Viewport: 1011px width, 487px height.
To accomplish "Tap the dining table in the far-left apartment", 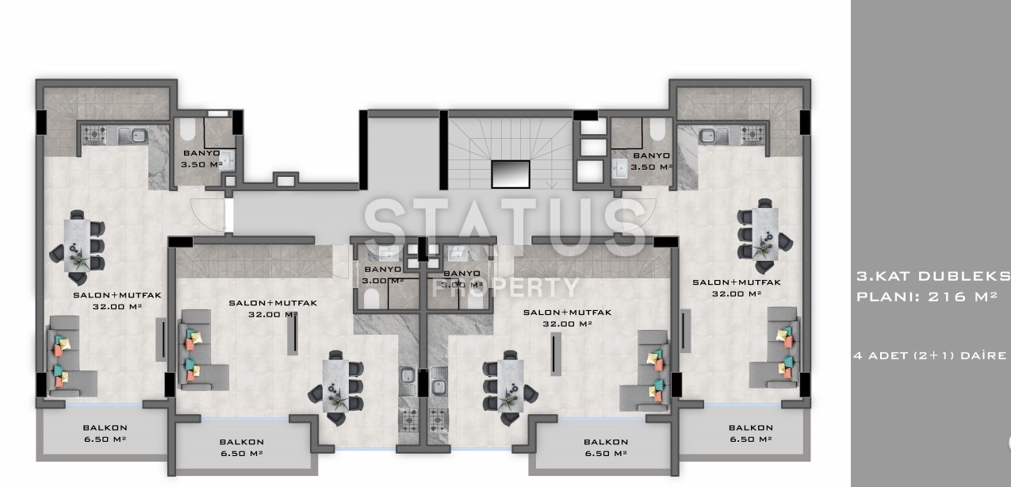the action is pyautogui.click(x=77, y=246).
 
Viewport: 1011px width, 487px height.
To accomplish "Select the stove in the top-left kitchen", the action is pyautogui.click(x=94, y=135).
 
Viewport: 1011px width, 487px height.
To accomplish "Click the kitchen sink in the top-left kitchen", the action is pyautogui.click(x=133, y=136).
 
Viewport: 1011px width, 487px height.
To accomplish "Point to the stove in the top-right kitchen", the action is pyautogui.click(x=753, y=134).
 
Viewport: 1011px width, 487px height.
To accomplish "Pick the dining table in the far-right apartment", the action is pyautogui.click(x=765, y=233).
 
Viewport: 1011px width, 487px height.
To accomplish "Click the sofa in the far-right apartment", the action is pyautogui.click(x=776, y=347).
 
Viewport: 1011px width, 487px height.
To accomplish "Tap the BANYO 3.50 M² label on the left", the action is pyautogui.click(x=201, y=159).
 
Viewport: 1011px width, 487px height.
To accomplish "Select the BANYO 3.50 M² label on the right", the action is pyautogui.click(x=651, y=161).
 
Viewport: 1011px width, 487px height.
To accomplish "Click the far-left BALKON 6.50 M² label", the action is pyautogui.click(x=105, y=433).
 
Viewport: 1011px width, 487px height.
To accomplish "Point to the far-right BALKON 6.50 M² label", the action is pyautogui.click(x=751, y=433).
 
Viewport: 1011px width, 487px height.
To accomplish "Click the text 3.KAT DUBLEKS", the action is pyautogui.click(x=933, y=276).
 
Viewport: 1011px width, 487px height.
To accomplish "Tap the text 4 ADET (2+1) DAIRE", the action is pyautogui.click(x=930, y=355).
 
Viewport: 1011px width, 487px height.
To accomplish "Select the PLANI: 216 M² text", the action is pyautogui.click(x=927, y=297).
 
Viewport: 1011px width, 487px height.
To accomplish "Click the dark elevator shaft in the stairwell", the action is pyautogui.click(x=511, y=174).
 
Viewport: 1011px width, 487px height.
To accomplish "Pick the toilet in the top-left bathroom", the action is pyautogui.click(x=187, y=129).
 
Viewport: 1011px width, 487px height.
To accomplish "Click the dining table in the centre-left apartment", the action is pyautogui.click(x=336, y=386).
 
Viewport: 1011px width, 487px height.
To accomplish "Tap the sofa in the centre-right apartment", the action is pyautogui.click(x=645, y=370).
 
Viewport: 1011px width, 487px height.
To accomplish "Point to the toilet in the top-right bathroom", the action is pyautogui.click(x=657, y=129).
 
